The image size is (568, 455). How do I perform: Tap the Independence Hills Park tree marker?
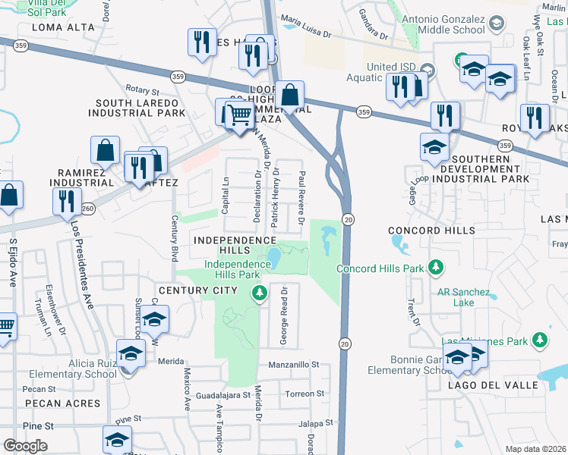click(260, 292)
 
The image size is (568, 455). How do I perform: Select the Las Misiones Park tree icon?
click(540, 340)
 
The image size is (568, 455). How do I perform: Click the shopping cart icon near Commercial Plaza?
click(240, 115)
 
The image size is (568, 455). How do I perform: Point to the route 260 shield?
click(88, 208)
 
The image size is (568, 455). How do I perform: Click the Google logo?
click(25, 446)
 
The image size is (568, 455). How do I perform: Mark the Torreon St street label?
click(304, 394)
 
